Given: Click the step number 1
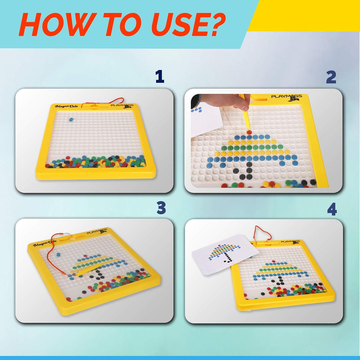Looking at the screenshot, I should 160,77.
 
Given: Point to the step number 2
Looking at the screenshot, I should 331,78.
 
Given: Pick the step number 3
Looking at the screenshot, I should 161,208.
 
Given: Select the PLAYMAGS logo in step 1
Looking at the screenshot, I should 122,106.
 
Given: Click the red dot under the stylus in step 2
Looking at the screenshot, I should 249,132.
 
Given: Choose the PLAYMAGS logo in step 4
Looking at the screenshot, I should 290,241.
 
